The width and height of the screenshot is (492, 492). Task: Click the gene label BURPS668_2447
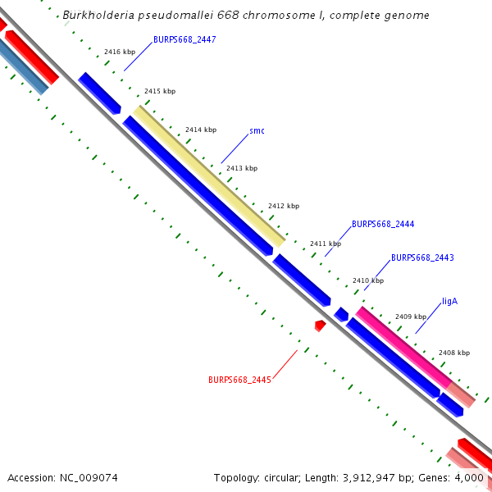coord(184,39)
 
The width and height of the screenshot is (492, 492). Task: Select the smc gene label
coord(257,130)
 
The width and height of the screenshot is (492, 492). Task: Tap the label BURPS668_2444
coord(383,224)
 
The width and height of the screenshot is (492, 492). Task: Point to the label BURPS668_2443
coord(422,257)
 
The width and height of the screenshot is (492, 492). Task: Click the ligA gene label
coord(449,301)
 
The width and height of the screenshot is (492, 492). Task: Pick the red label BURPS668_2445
coord(239,380)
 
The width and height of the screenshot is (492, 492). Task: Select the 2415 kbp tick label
coord(160,91)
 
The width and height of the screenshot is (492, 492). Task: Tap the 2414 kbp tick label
coord(201,130)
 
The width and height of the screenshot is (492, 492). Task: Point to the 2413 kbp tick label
coord(242,168)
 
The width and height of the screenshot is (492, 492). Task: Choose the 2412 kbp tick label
coord(284,206)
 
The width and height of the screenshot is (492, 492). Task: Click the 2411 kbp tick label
coord(326,244)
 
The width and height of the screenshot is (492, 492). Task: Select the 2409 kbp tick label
coord(411,317)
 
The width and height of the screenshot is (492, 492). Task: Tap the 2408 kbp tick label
coord(454,353)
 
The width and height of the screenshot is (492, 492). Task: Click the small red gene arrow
coord(320,326)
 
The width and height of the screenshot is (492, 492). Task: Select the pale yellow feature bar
coord(209,175)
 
